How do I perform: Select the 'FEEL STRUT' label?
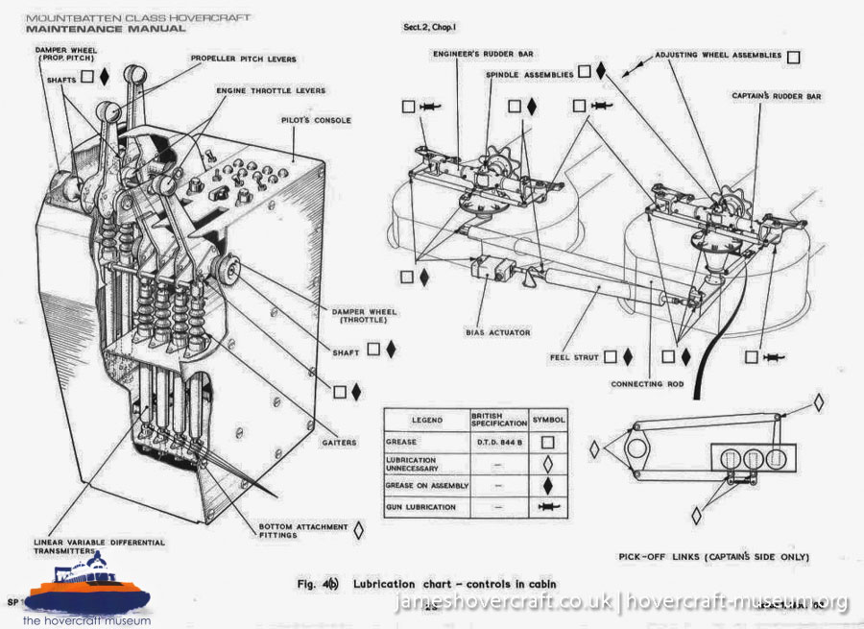tap(574, 357)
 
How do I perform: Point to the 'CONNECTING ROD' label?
tap(648, 384)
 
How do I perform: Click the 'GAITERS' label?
tap(338, 443)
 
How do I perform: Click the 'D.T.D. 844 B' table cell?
tap(499, 442)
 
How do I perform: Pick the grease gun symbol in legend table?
tap(548, 506)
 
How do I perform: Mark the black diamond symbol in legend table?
tap(548, 484)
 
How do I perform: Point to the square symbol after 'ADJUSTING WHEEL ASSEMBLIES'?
tap(793, 57)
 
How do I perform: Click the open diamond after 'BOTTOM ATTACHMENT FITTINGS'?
tap(358, 529)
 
